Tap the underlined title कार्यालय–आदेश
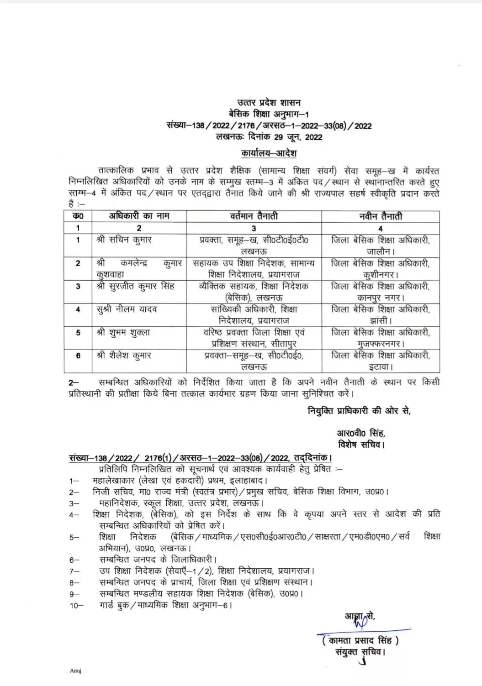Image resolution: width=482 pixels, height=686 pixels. [x=269, y=152]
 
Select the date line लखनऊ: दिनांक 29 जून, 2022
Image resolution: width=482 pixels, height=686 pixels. [x=270, y=137]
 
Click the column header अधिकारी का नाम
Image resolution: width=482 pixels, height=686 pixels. [x=139, y=216]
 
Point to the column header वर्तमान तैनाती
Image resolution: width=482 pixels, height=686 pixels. [x=254, y=216]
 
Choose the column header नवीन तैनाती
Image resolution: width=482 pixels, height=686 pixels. [x=381, y=216]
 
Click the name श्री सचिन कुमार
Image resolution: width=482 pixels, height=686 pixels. [x=124, y=240]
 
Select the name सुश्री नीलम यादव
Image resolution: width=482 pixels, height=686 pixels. [x=127, y=309]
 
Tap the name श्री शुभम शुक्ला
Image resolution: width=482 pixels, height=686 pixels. [x=124, y=332]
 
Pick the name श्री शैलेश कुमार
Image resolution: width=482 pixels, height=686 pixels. [x=124, y=355]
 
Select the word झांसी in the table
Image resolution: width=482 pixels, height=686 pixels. [x=380, y=320]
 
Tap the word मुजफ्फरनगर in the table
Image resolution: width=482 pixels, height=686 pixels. [x=380, y=343]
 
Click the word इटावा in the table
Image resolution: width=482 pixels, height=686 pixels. [x=380, y=367]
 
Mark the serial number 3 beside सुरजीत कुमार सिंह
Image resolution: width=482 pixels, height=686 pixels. [x=78, y=287]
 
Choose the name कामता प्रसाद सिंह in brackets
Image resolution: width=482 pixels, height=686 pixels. [x=360, y=640]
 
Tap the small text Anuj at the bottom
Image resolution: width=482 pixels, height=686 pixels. [x=75, y=670]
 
